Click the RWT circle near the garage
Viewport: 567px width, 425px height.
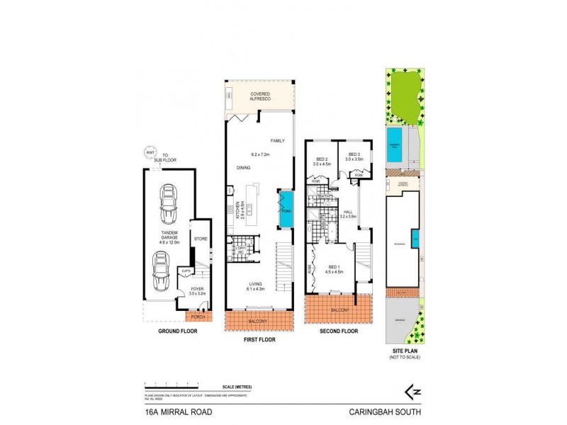coord(150,152)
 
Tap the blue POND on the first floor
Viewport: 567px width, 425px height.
coord(286,210)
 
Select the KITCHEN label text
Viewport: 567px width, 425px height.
coord(236,212)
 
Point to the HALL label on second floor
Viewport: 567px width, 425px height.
coord(349,212)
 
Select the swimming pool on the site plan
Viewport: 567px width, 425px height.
coord(395,144)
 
